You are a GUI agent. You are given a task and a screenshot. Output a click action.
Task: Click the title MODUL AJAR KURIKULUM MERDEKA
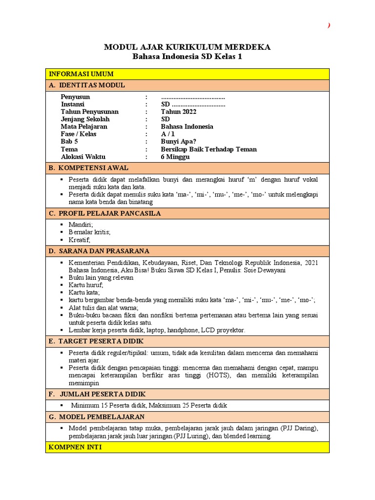pos(187,47)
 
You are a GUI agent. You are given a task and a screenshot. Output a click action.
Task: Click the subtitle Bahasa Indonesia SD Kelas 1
pos(187,57)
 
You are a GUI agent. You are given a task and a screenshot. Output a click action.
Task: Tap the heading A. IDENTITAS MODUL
pos(87,85)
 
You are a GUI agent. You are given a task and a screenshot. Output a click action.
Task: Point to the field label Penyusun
pos(75,97)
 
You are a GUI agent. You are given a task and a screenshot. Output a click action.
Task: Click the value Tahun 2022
pos(179,111)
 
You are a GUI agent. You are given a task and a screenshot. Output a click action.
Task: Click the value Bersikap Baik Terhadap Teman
pos(208,149)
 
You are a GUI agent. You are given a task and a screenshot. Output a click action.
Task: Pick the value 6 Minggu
pos(175,157)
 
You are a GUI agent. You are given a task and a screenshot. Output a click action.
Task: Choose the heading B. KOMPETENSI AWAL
pos(88,168)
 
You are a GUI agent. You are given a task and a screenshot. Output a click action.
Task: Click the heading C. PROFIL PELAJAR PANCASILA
pos(104,213)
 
